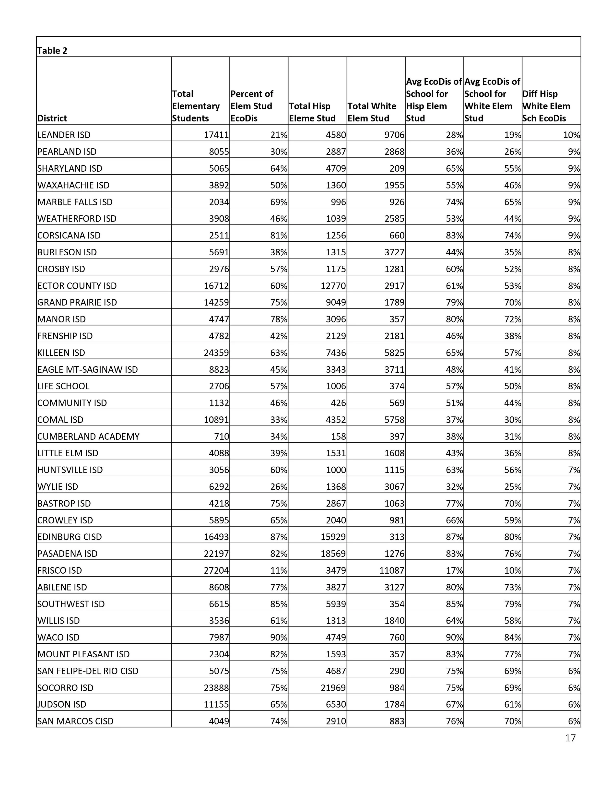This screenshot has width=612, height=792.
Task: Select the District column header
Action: pyautogui.click(x=52, y=118)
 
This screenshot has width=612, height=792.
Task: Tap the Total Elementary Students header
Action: pyautogui.click(x=196, y=106)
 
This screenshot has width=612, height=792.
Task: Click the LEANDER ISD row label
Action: pyautogui.click(x=64, y=135)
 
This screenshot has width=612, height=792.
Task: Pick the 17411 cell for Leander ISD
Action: pyautogui.click(x=216, y=135)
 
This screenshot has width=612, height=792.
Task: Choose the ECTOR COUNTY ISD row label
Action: pyautogui.click(x=77, y=286)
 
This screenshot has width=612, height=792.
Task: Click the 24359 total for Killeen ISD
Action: pyautogui.click(x=216, y=353)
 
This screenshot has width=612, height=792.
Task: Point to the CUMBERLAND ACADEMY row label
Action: pyautogui.click(x=88, y=436)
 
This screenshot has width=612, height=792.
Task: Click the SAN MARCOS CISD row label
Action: pyautogui.click(x=75, y=721)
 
